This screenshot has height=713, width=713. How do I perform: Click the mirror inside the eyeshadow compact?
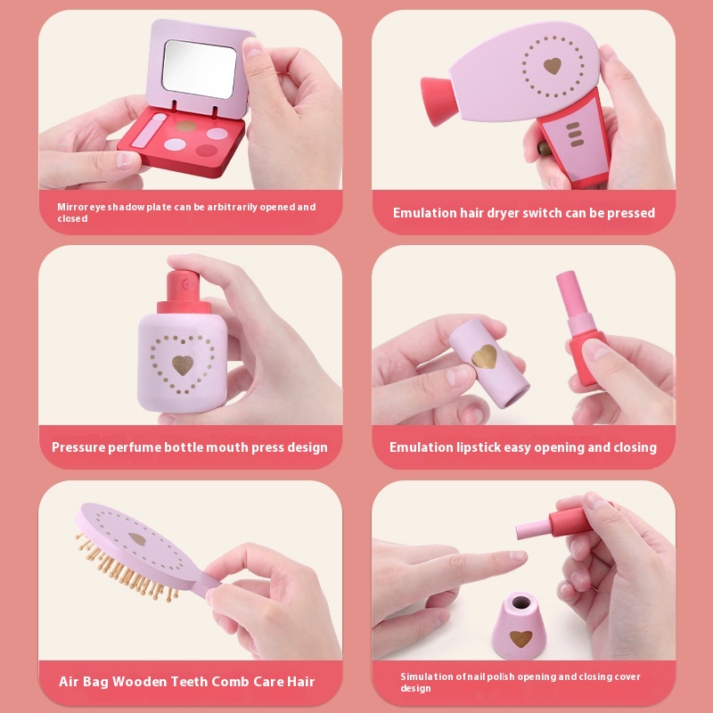[x=199, y=69]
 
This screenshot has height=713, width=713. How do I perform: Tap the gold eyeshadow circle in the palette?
[x=186, y=126]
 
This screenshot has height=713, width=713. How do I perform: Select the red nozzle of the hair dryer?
[x=438, y=102]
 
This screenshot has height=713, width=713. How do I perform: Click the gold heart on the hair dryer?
[x=553, y=66]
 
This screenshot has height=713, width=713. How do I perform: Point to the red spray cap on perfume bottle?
[x=184, y=292]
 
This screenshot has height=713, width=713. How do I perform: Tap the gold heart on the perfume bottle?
[x=183, y=365]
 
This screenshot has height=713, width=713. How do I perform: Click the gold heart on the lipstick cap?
[x=485, y=356]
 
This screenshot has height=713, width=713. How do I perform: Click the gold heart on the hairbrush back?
[x=137, y=539]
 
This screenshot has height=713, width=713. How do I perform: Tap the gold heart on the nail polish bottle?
[x=520, y=638]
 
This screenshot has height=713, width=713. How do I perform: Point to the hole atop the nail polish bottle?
[x=521, y=603]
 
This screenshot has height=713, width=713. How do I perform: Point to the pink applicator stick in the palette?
[x=149, y=131]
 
